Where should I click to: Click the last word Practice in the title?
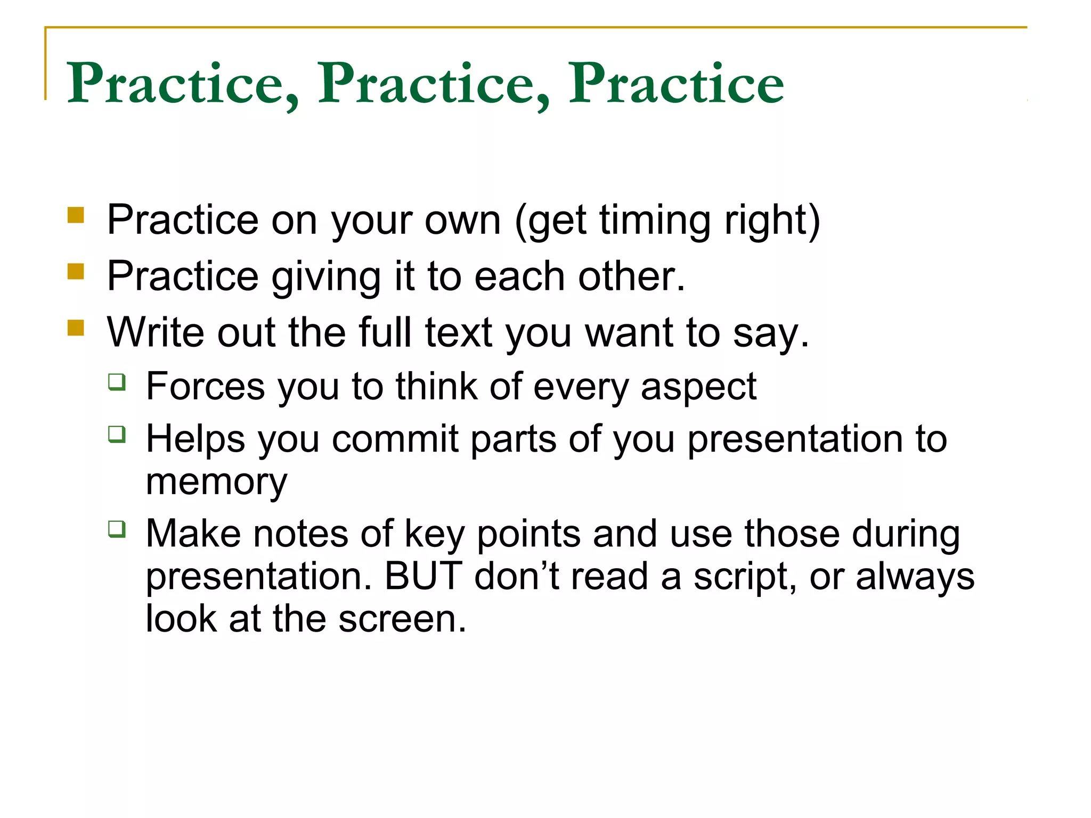tap(676, 84)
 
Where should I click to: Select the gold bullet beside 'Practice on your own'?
tap(76, 216)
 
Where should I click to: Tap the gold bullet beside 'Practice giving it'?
tap(76, 272)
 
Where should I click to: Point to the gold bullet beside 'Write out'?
tap(76, 328)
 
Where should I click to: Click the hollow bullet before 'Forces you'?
tap(117, 382)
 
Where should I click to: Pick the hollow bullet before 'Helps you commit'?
tap(117, 434)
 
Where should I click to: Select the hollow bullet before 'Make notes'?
tap(117, 529)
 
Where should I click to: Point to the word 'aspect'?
tap(698, 387)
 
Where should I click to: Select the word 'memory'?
tap(216, 482)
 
